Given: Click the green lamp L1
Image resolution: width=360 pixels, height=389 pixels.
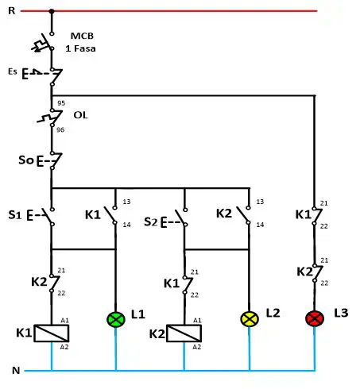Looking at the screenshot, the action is pos(116,319).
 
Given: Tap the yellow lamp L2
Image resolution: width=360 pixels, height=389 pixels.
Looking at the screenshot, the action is pos(250,319).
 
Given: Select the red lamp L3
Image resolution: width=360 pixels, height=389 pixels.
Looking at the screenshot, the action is pos(315,318).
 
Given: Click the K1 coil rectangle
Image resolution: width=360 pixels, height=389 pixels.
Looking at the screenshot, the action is pos(52,333).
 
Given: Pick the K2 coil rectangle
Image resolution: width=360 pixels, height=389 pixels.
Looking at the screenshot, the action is pos(184,333).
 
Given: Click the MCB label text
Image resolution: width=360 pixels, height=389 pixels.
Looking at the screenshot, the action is pos(82,36).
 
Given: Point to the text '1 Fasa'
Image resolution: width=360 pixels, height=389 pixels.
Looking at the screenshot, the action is pos(80,48).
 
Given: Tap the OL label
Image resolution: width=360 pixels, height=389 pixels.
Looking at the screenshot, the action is pos(80,115).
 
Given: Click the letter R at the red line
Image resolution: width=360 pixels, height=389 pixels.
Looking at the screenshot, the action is pos(12,11).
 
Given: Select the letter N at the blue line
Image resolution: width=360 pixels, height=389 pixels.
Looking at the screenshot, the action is pos(16,371).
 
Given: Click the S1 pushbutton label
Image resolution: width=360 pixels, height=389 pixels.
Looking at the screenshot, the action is pos(14,214).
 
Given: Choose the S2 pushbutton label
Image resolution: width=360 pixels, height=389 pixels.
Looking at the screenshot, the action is pos(151,221).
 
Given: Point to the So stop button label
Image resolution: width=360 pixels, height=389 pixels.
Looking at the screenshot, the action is pos(26,160).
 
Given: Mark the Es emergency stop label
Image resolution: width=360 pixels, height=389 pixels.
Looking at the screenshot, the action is pos(13,71).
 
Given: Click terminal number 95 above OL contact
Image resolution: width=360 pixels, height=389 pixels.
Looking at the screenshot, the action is pos(61,103).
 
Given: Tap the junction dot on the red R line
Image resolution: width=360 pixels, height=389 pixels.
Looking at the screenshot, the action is pos(52,11).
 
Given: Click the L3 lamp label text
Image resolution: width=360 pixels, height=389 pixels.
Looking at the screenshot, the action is pos(341,313).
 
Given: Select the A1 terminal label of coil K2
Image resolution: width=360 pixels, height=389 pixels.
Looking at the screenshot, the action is pos(197,321).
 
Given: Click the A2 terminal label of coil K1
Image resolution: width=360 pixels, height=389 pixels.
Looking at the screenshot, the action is pos(64,347).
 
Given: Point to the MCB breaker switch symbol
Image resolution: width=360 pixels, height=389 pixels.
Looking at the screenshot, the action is pos(44,42).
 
